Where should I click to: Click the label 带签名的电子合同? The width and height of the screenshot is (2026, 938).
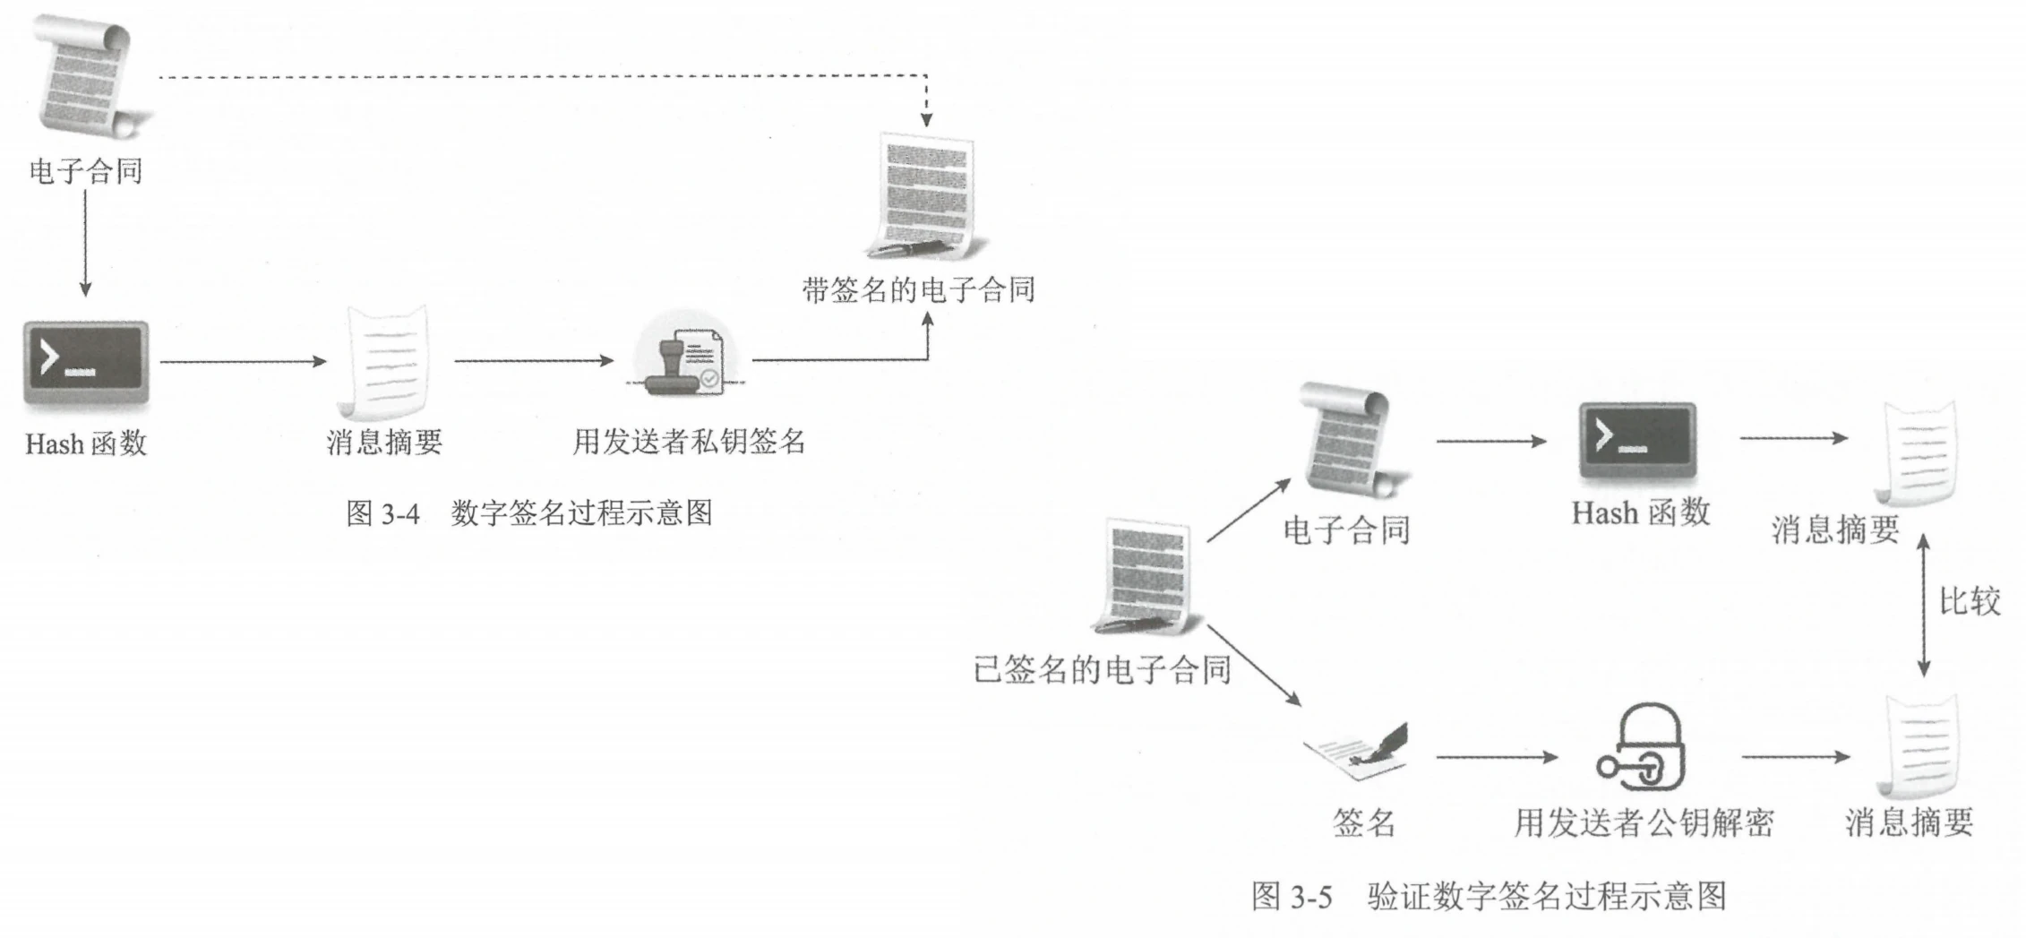coord(918,289)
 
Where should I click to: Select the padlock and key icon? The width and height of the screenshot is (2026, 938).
coord(1642,748)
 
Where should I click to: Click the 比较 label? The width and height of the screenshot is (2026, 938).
coord(1969,601)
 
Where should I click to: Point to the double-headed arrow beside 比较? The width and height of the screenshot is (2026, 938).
coord(1923,606)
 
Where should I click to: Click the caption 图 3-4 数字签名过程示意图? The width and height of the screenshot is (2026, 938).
coord(529,513)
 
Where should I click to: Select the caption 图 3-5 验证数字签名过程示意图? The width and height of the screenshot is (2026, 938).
coord(1488,896)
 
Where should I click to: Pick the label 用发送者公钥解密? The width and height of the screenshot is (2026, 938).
coord(1644,822)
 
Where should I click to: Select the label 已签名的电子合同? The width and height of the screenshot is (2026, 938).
coord(1102,669)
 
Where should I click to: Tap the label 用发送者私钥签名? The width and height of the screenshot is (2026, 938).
coord(689,441)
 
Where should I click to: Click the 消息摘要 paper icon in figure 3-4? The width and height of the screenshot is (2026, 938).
coord(385,363)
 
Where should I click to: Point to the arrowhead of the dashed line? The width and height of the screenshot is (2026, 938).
coord(927,119)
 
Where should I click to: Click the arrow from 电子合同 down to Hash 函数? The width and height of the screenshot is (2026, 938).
coord(85,242)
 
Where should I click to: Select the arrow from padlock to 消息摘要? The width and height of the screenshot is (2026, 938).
coord(1795,757)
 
